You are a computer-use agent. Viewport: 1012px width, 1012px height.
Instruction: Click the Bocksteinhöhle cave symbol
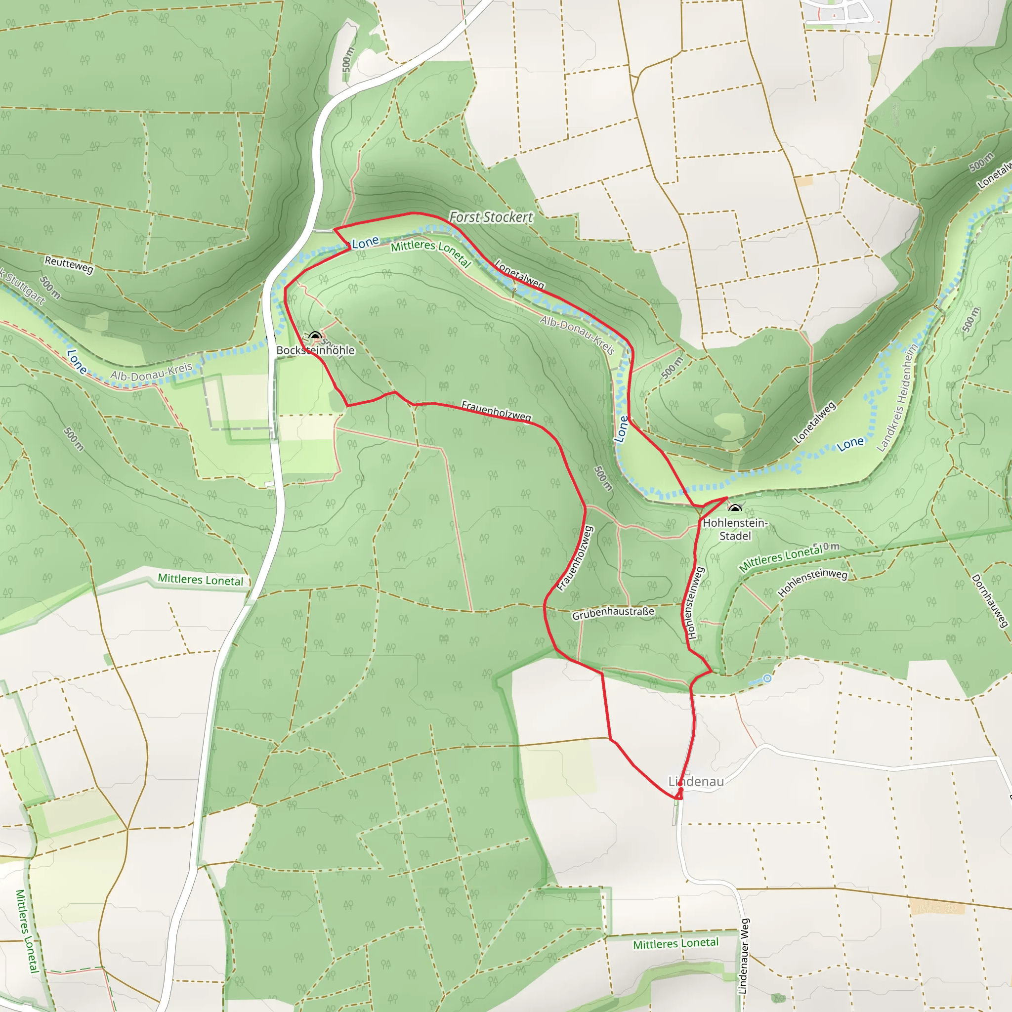tap(315, 336)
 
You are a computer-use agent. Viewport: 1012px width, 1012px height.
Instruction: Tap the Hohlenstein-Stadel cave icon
tap(735, 508)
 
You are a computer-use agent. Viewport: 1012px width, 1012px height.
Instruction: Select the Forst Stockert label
tap(491, 217)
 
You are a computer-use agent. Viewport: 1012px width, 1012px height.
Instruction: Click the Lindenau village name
tap(696, 782)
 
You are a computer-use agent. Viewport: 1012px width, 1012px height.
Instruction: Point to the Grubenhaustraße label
tap(613, 613)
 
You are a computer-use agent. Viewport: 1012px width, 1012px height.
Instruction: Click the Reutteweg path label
tap(69, 264)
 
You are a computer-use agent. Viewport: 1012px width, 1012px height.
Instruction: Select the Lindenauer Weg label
tap(743, 956)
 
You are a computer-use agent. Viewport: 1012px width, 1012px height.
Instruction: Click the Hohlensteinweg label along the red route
tap(695, 603)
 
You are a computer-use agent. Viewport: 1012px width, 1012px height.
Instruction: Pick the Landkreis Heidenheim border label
tap(898, 398)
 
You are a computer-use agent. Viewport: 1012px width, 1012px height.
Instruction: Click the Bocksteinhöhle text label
tap(315, 350)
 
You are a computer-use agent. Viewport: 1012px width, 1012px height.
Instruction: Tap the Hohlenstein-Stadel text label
tap(735, 529)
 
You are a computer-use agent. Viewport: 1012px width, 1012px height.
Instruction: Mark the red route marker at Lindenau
tap(680, 791)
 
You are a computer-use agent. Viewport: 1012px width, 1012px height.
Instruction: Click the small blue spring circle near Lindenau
tap(767, 678)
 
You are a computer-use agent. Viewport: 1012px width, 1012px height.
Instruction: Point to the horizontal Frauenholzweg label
tap(496, 411)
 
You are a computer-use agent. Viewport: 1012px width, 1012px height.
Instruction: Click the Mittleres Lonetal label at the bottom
tap(675, 944)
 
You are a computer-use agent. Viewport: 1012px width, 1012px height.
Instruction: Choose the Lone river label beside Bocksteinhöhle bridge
tap(365, 243)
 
